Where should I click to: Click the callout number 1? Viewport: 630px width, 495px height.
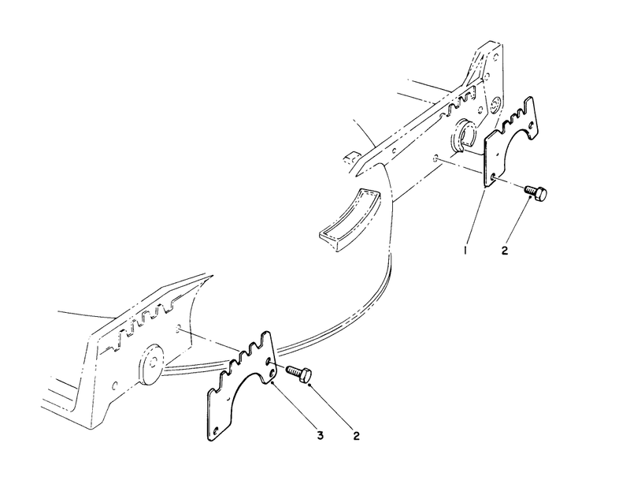(x=465, y=251)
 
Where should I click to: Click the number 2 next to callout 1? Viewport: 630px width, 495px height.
(x=505, y=250)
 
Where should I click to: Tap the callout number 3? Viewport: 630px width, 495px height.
(x=321, y=435)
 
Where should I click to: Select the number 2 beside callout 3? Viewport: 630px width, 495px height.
(x=357, y=435)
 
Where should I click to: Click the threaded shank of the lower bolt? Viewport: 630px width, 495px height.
(x=294, y=371)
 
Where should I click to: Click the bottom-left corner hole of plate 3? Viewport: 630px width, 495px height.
(x=216, y=431)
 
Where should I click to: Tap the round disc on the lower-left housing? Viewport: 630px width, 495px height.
(x=152, y=363)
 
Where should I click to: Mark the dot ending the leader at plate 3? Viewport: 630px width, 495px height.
(x=272, y=384)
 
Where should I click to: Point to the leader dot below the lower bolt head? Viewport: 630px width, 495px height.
(x=309, y=385)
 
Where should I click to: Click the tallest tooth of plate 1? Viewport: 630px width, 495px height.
(x=530, y=106)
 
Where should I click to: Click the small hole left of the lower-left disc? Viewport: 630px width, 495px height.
(x=115, y=385)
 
